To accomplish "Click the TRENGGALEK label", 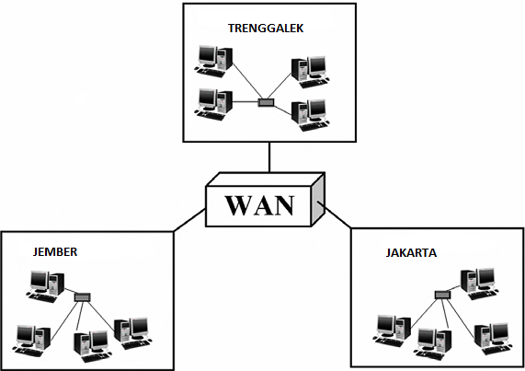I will point(266,29).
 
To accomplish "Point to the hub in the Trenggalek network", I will point(267,101).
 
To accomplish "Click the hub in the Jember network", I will point(82,297).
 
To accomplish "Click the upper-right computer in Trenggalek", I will point(309,70).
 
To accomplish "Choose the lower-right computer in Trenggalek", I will point(309,113).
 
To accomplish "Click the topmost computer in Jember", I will point(46,284).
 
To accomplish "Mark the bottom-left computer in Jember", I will point(29,338).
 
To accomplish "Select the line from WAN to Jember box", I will point(188,219).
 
